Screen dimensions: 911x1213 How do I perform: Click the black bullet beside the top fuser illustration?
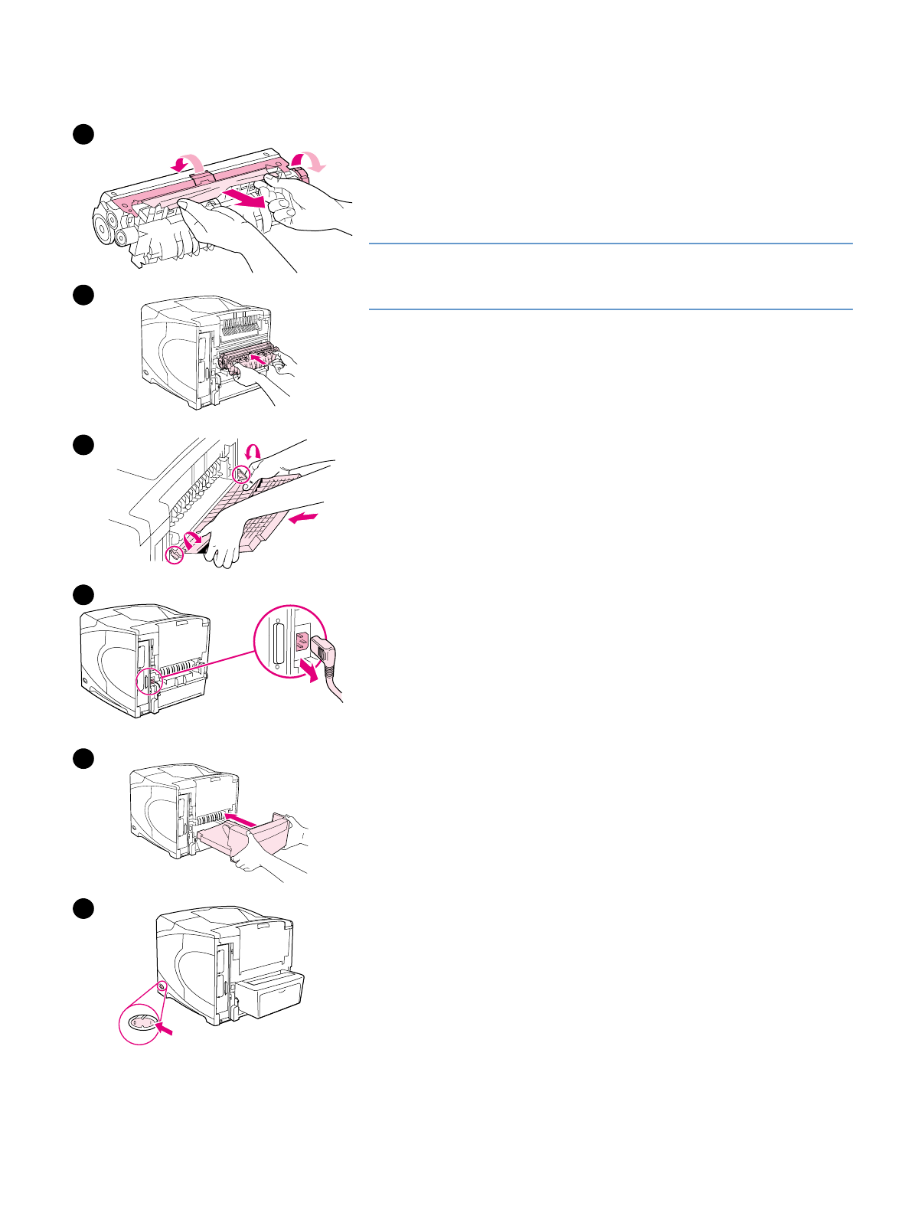pos(83,135)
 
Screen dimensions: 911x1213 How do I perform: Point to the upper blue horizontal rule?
pos(610,244)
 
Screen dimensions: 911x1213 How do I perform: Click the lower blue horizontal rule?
pos(610,309)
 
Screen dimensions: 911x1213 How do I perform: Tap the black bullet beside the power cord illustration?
pos(83,594)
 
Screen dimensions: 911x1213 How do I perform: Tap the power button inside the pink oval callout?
pos(139,1023)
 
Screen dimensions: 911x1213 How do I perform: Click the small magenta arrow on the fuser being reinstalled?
pos(260,357)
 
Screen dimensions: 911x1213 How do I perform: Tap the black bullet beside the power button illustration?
pos(83,909)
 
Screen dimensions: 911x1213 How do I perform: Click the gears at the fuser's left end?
pos(109,225)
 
